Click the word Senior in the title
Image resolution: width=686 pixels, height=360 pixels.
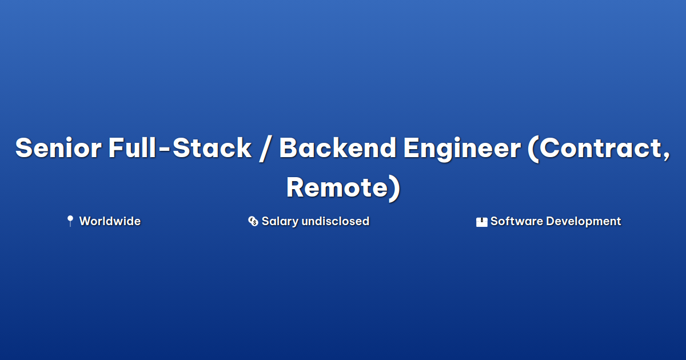click(58, 147)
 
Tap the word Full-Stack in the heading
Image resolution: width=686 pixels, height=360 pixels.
click(180, 147)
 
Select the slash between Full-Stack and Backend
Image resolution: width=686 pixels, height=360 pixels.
click(265, 149)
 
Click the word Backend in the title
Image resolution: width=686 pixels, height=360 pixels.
click(338, 147)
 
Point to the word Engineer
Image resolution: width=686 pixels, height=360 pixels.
click(462, 149)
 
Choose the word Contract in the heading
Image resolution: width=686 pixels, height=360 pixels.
click(600, 147)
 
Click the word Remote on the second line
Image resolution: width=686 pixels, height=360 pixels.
click(337, 187)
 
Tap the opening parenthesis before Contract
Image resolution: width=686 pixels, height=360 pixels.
click(533, 149)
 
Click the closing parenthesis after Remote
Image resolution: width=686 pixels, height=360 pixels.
click(394, 189)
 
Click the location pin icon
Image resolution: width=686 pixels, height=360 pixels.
click(70, 221)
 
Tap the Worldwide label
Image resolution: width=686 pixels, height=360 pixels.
click(110, 221)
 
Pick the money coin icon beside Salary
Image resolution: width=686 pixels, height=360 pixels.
click(253, 221)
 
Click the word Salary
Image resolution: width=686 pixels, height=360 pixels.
click(280, 222)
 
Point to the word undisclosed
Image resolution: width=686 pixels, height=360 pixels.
click(336, 221)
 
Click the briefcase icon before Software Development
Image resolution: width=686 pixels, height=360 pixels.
click(481, 222)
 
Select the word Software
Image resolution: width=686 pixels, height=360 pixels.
click(517, 221)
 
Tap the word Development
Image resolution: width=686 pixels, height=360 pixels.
click(584, 222)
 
